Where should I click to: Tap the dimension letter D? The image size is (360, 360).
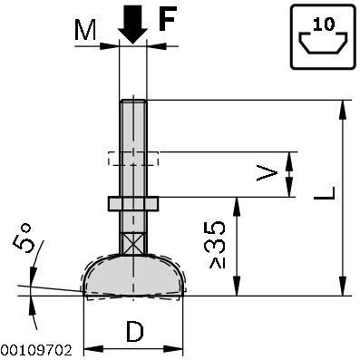pos(134,333)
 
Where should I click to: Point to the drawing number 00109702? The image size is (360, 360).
pos(35,349)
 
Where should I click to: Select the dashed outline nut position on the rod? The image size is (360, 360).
pos(132,158)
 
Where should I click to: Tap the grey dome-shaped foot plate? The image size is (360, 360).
pos(133,275)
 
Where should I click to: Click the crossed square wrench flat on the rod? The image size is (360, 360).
pos(132,244)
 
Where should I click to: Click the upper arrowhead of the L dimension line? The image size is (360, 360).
pos(344,107)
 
